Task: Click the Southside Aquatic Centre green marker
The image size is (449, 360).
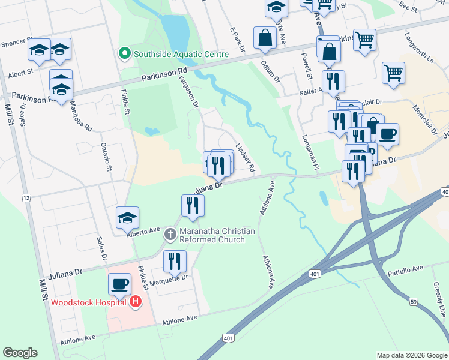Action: (x=125, y=54)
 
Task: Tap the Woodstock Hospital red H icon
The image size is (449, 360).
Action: (x=136, y=302)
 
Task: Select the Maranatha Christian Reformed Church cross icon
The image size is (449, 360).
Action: (x=170, y=235)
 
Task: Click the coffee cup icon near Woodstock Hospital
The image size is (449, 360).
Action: (x=119, y=283)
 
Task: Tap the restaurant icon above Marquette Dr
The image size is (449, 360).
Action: (x=175, y=260)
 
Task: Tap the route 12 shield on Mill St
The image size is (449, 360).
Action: (x=26, y=197)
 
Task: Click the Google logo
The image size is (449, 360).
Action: (x=20, y=353)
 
